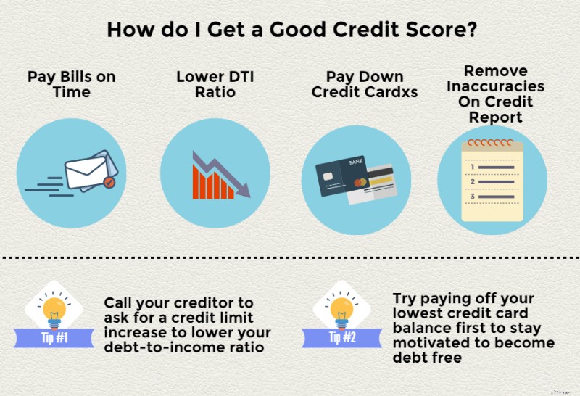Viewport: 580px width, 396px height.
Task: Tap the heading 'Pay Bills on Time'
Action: click(71, 84)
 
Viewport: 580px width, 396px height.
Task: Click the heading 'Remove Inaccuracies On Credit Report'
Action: click(495, 94)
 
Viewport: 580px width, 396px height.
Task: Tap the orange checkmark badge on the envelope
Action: click(109, 183)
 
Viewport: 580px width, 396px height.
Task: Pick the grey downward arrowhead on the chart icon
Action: click(242, 191)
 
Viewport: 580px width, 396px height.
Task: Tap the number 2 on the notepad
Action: click(473, 181)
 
